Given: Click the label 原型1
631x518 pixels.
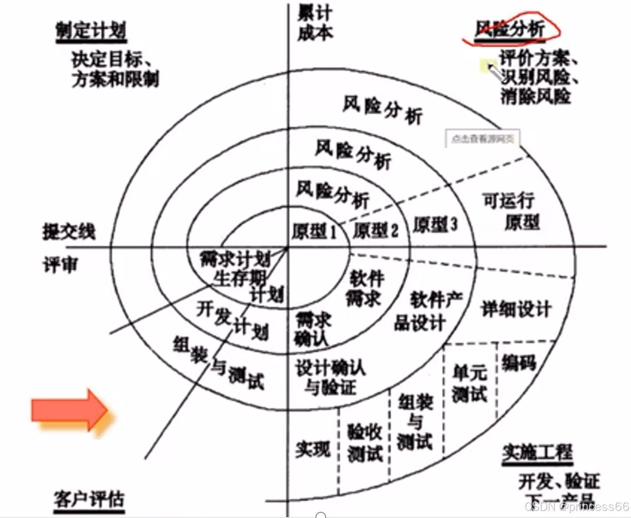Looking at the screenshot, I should [314, 231].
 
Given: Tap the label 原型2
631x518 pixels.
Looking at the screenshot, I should [376, 230].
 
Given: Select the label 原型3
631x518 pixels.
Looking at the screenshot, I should [435, 225].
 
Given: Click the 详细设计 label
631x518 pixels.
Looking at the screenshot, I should [516, 309].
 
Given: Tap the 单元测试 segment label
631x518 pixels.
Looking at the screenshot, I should [469, 383].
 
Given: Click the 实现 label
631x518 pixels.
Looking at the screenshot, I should [313, 449].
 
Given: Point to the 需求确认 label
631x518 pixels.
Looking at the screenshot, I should [312, 329].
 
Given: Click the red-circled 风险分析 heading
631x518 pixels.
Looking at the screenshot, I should [510, 30].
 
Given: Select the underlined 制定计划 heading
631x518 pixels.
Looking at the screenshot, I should [91, 31].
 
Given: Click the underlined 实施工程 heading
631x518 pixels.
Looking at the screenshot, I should [537, 452].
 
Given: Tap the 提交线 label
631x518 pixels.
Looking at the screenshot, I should [69, 231].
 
